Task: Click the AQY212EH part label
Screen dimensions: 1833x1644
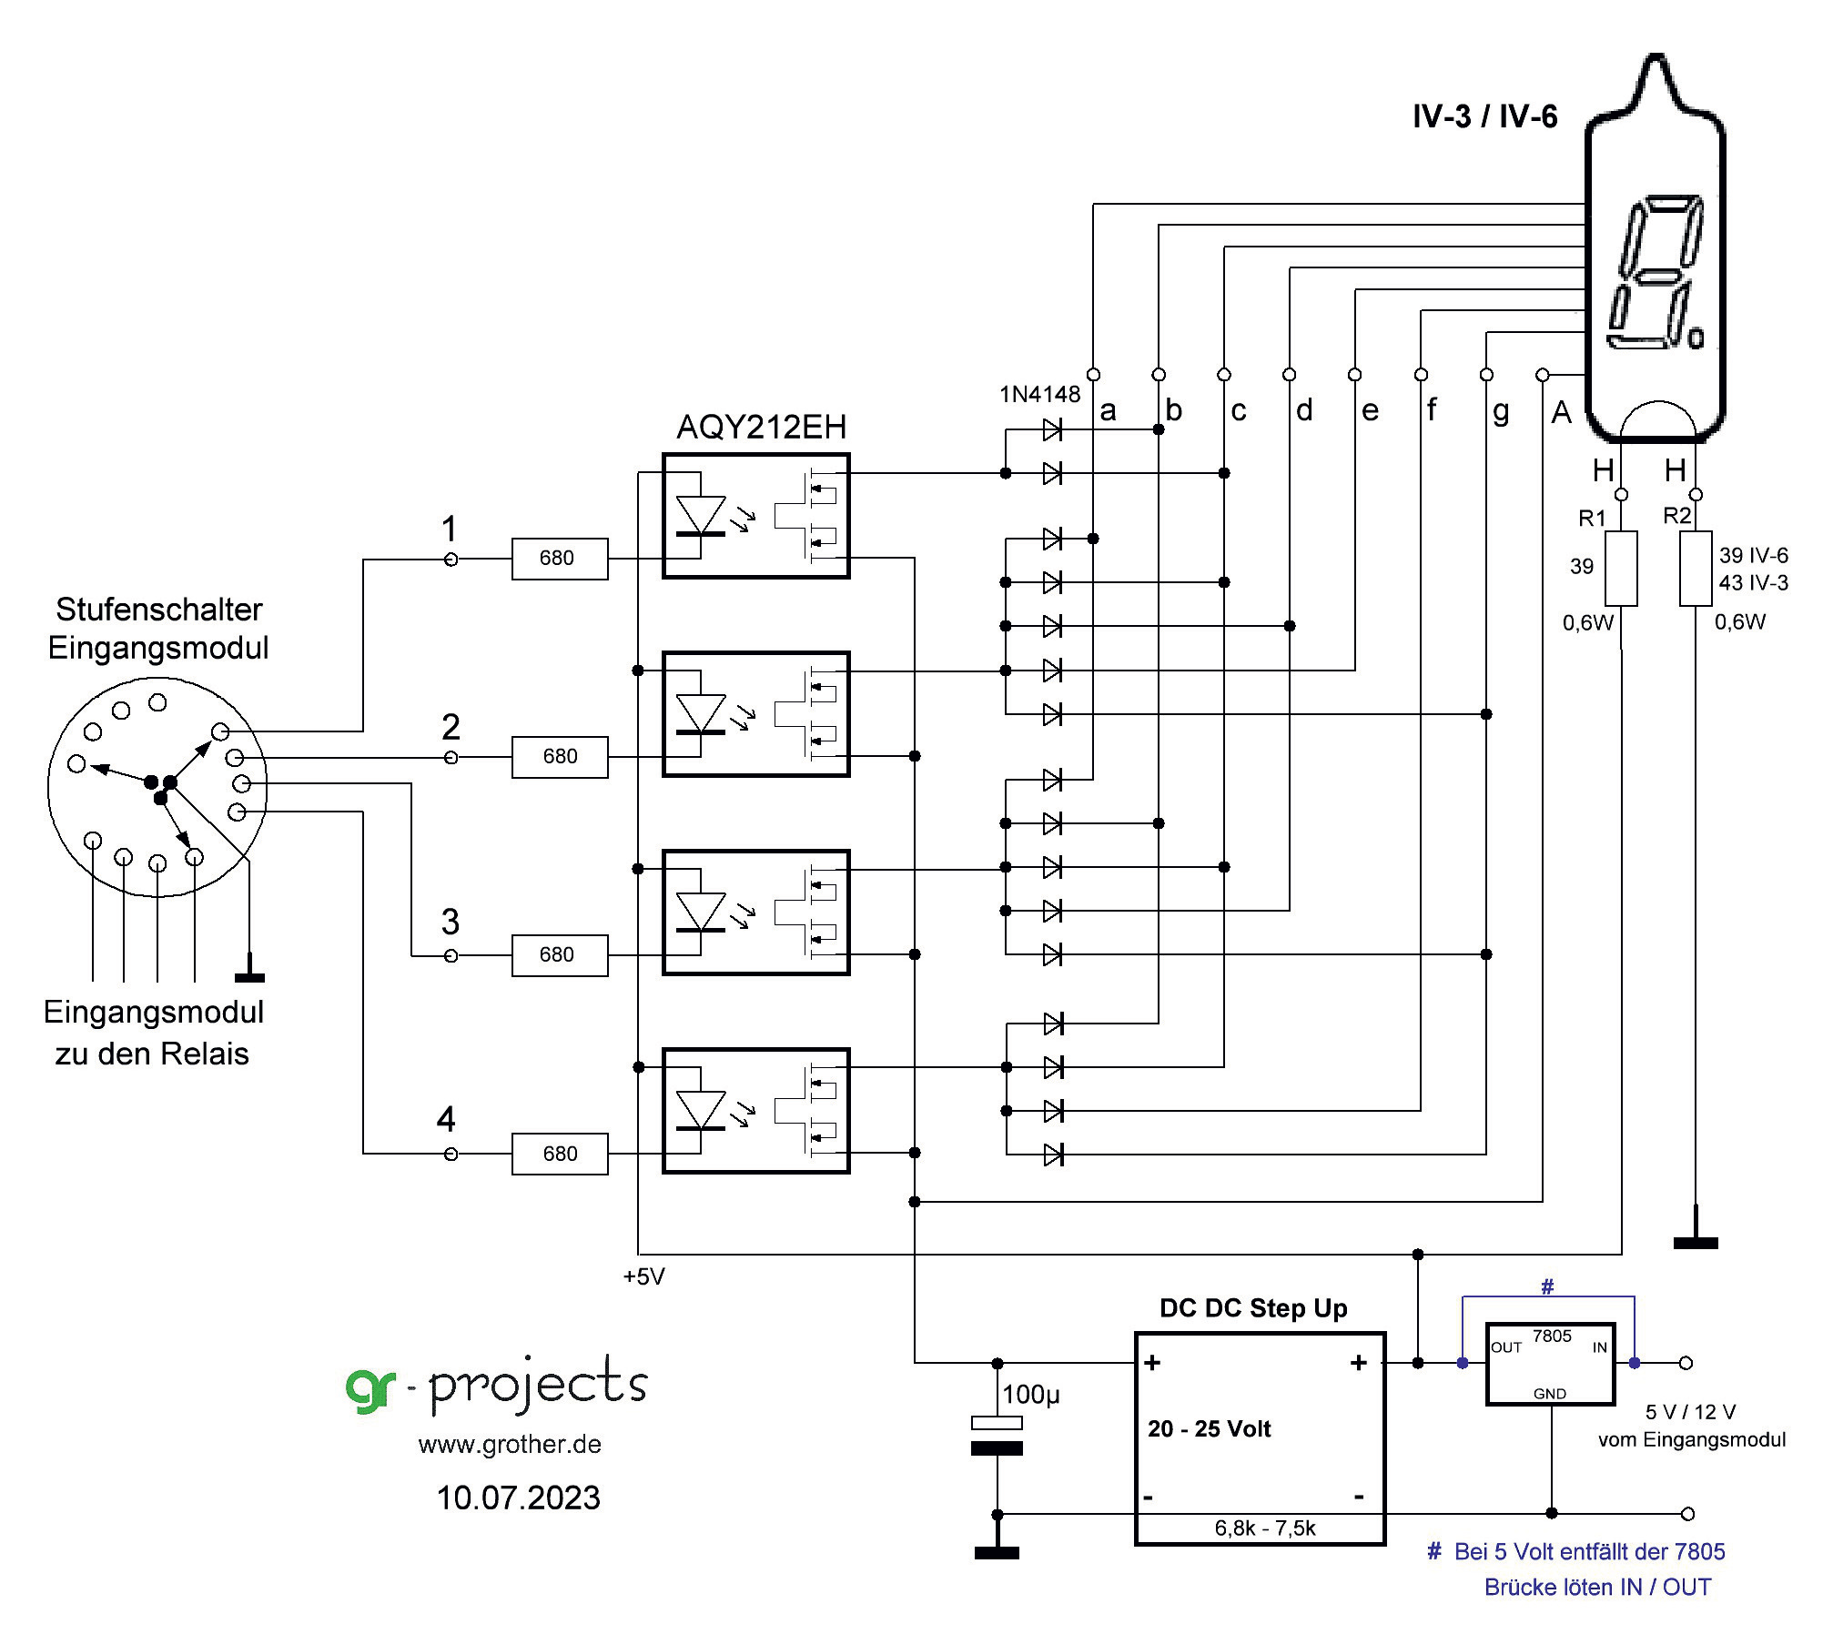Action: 761,427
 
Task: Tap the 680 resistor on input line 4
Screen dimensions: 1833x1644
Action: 559,1154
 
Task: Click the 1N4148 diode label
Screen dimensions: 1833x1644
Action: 1039,394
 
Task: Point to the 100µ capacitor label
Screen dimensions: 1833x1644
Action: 1030,1395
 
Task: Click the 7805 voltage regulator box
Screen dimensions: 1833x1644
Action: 1550,1364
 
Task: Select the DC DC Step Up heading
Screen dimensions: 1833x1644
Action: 1253,1308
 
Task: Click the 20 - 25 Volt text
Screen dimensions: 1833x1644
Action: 1209,1428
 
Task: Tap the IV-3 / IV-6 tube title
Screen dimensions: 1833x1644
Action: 1484,116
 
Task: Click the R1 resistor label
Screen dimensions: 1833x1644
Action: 1592,519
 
